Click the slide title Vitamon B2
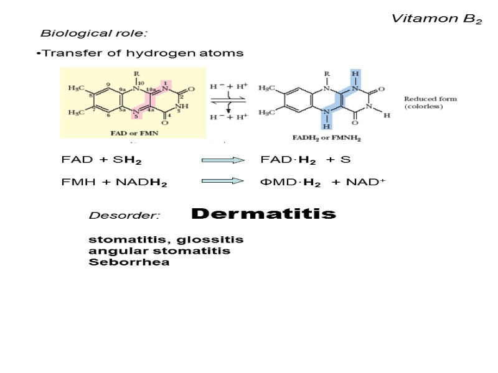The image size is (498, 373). coord(436,19)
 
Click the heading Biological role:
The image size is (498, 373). coord(93,33)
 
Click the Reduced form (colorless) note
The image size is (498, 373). coord(430,103)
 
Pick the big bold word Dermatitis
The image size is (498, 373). coord(263,214)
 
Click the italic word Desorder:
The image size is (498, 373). coord(125,216)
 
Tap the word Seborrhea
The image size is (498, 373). coord(129,262)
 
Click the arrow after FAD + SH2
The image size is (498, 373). coord(222,160)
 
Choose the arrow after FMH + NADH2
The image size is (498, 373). coord(222,182)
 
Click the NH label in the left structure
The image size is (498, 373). coord(183,106)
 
